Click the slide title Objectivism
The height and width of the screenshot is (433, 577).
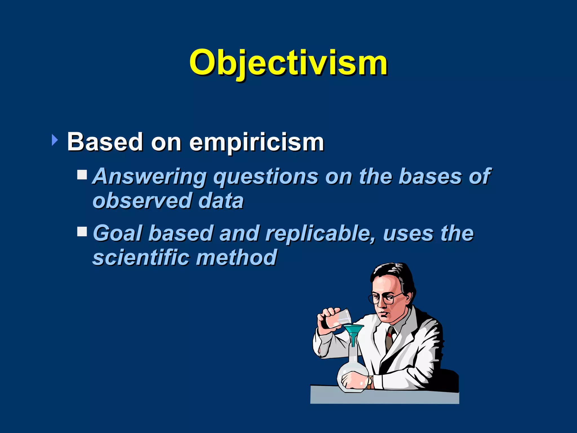[288, 63]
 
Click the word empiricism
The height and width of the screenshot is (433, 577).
[256, 142]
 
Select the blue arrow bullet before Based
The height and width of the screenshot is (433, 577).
[55, 140]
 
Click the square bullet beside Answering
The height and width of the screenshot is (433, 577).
[82, 174]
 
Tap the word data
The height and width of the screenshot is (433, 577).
[221, 201]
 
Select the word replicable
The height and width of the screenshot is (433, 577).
[320, 234]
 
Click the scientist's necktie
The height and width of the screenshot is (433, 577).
[389, 338]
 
